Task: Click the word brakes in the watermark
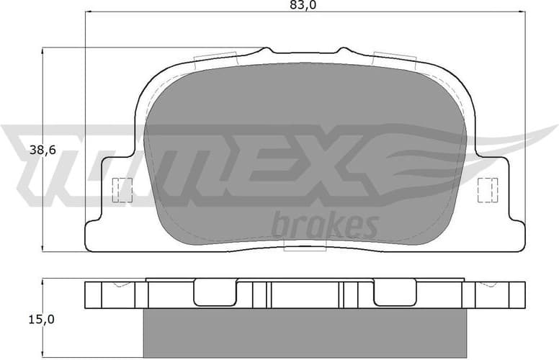pos(325,225)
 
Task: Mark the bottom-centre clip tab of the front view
pos(305,247)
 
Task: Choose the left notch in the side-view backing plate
pos(216,292)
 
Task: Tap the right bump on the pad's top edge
pos(343,51)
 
